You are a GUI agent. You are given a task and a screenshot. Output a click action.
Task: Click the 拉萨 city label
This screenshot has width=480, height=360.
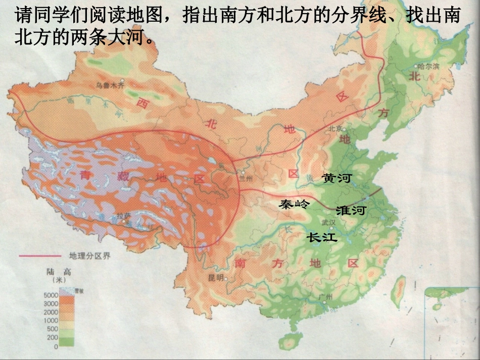(124, 216)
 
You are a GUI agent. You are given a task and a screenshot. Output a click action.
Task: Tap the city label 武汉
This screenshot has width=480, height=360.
(328, 222)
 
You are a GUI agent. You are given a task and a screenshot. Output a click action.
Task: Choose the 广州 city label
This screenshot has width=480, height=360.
(325, 296)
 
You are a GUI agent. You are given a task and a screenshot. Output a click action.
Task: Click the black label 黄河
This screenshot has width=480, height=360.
(337, 178)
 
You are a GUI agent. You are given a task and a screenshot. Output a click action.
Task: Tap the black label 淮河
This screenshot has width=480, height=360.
(350, 210)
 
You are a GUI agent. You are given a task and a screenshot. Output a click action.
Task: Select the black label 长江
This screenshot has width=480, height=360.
(322, 237)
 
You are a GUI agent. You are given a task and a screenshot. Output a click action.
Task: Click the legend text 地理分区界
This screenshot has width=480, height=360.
(89, 255)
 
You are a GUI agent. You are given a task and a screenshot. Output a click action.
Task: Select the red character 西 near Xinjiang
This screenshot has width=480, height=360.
(143, 102)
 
